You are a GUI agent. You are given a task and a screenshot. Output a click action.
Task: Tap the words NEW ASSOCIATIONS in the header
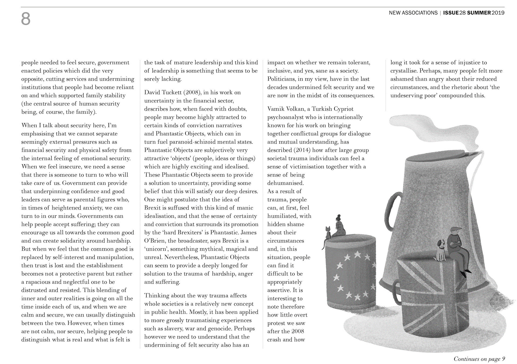(x=413, y=13)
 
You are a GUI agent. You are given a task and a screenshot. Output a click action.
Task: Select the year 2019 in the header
(x=498, y=13)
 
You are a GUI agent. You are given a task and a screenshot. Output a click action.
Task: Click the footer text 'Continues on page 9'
(x=479, y=359)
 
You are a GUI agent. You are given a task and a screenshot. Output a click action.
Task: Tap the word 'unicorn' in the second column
(x=157, y=249)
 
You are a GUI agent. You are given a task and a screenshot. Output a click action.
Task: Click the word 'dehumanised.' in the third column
(x=285, y=183)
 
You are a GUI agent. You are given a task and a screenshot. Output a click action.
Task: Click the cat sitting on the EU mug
(x=328, y=233)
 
